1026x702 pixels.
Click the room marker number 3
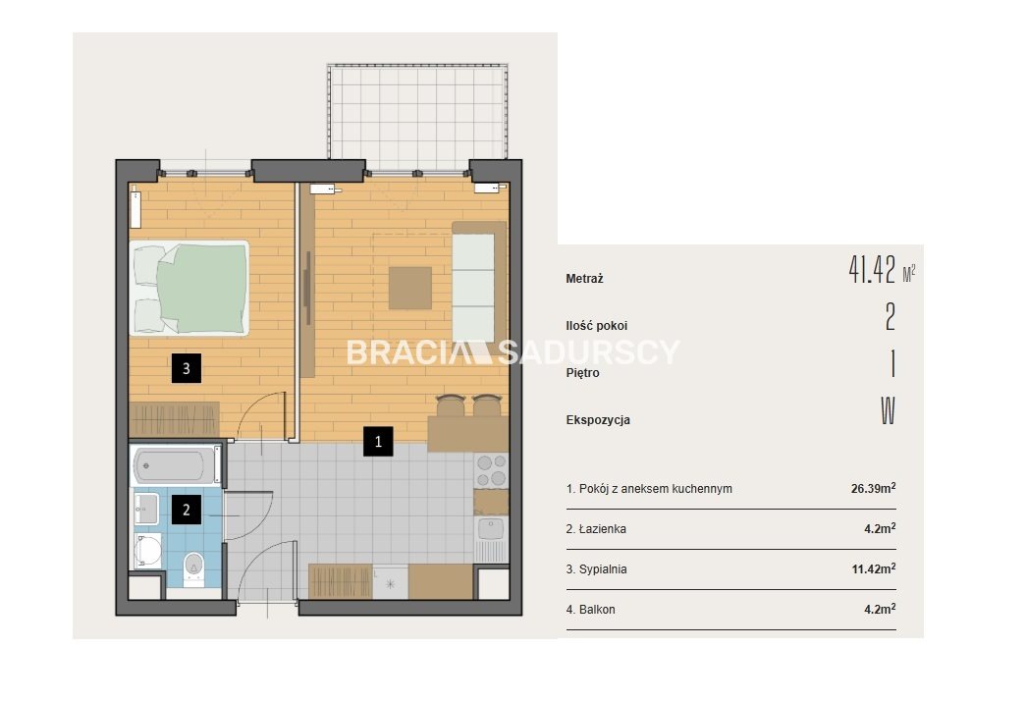point(186,368)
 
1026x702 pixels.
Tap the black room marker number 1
point(378,442)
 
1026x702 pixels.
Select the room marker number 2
point(187,510)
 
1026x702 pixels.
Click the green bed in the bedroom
point(189,288)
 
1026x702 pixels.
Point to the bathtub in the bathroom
point(176,465)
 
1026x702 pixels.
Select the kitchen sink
point(491,528)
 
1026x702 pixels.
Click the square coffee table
point(410,288)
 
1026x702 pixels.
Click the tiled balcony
point(417,111)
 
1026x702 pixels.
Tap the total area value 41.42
point(872,269)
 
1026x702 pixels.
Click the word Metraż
point(584,279)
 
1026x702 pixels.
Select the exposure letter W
point(888,410)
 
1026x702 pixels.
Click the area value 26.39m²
point(874,488)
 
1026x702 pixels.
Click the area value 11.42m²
point(874,569)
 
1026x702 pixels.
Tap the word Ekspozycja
point(598,420)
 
